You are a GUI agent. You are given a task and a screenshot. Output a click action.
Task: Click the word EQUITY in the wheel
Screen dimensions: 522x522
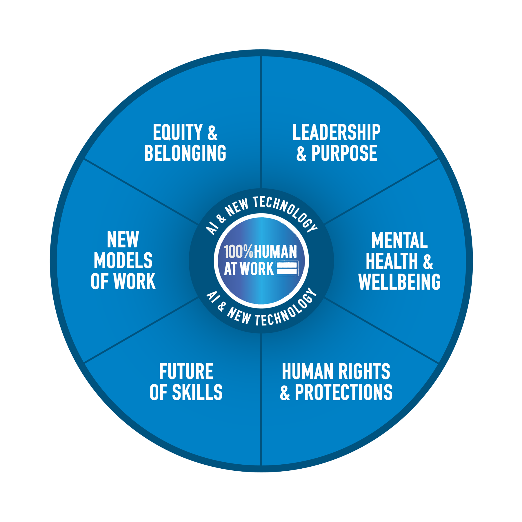pyautogui.click(x=177, y=132)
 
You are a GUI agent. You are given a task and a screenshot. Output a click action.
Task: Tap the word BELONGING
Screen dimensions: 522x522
pyautogui.click(x=185, y=153)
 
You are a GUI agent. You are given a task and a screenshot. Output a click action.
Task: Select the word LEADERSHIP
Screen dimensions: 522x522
pyautogui.click(x=336, y=132)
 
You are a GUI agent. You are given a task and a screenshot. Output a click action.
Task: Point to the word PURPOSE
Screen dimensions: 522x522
pyautogui.click(x=344, y=153)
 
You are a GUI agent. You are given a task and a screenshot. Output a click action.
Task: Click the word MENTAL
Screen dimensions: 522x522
pyautogui.click(x=399, y=240)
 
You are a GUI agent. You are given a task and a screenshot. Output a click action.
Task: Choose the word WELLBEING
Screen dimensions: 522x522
pyautogui.click(x=399, y=281)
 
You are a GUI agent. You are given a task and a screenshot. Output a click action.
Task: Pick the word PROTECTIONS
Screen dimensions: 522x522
pyautogui.click(x=343, y=392)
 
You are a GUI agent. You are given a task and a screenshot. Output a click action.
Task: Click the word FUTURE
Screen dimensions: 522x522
pyautogui.click(x=186, y=372)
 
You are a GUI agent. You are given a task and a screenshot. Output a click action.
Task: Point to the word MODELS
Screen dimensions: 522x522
pyautogui.click(x=123, y=260)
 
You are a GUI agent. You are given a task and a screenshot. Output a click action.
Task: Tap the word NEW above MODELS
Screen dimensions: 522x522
pyautogui.click(x=123, y=240)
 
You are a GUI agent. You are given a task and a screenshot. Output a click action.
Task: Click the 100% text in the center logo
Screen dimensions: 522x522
pyautogui.click(x=238, y=251)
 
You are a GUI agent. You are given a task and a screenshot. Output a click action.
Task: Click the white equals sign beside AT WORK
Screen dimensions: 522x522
pyautogui.click(x=287, y=268)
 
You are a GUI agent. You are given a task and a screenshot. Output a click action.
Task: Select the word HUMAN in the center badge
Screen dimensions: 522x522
pyautogui.click(x=275, y=251)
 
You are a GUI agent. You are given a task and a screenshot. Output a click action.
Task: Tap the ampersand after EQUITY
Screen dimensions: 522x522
pyautogui.click(x=212, y=133)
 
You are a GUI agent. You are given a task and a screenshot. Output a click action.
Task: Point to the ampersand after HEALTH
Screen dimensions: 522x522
pyautogui.click(x=428, y=261)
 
